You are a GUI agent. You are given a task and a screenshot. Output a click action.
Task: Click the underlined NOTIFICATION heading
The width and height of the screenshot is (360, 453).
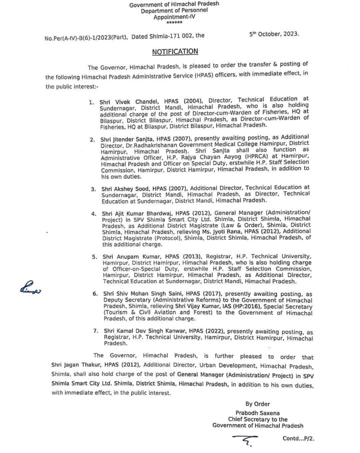click(x=175, y=52)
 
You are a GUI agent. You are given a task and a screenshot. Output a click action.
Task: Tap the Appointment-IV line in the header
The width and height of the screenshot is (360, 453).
click(x=174, y=16)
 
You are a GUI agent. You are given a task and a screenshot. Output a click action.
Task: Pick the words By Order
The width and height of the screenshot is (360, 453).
click(x=257, y=403)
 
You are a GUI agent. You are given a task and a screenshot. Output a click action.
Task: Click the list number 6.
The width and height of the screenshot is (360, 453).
click(x=94, y=294)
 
